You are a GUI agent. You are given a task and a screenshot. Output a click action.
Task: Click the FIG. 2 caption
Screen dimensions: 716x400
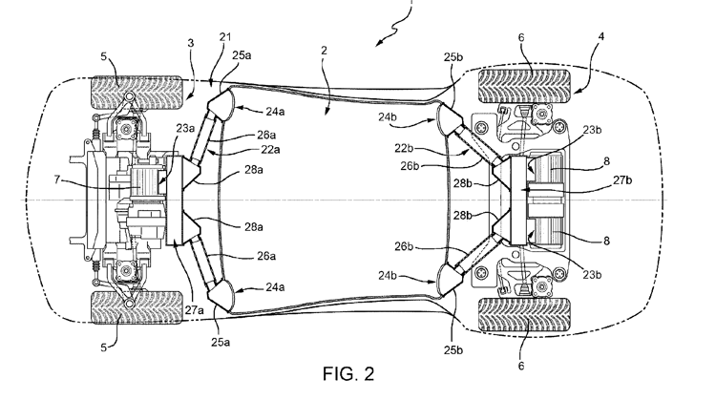[x=348, y=374]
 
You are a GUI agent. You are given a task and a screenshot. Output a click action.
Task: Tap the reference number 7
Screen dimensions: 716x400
[x=56, y=179]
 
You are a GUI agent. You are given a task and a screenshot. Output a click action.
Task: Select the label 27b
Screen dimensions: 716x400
[x=622, y=179]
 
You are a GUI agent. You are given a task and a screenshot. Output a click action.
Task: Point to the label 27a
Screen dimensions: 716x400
[x=194, y=310]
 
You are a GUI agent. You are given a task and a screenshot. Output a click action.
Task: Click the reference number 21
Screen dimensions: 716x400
[x=225, y=37]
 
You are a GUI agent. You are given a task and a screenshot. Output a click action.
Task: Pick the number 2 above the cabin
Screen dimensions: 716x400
[x=324, y=51]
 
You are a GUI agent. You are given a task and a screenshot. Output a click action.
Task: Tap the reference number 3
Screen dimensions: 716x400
[x=190, y=43]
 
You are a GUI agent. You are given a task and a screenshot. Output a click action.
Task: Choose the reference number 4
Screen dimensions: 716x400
[x=601, y=36]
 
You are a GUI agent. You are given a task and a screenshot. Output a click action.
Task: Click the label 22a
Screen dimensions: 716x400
[x=270, y=149]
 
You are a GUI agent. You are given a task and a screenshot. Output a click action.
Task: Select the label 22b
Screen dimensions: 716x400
[x=404, y=149]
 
